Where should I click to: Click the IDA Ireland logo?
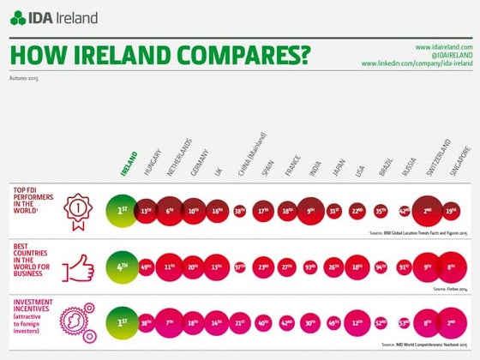[x=53, y=17]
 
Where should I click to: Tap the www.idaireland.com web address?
[x=443, y=45]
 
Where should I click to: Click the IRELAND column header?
[x=128, y=163]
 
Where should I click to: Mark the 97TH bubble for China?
[x=240, y=267]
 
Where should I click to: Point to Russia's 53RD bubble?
[x=404, y=324]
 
